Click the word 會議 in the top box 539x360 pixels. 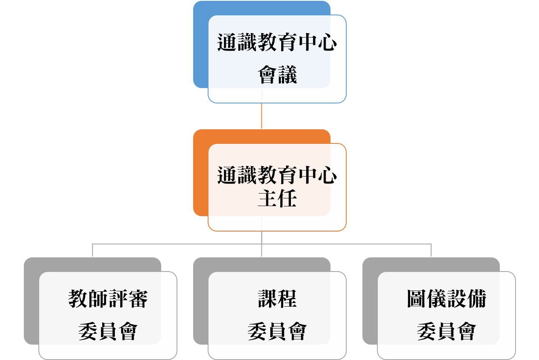pos(278,75)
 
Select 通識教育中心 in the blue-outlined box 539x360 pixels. pos(277,43)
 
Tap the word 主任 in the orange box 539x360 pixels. pos(278,199)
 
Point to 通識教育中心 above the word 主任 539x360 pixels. pos(277,175)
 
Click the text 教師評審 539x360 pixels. pos(108,299)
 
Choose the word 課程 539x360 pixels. pos(278,299)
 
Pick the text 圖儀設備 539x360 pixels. pos(446,299)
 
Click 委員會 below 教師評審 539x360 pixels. pos(108,331)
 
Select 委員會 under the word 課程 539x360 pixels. pos(278,331)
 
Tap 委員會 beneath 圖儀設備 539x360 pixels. pos(446,331)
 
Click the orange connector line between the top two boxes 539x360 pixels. pos(262,116)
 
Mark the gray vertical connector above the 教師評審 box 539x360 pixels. pos(93,251)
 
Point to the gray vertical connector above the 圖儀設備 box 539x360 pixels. pos(431,251)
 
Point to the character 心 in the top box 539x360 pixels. pos(327,43)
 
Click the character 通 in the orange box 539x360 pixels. pos(227,175)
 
